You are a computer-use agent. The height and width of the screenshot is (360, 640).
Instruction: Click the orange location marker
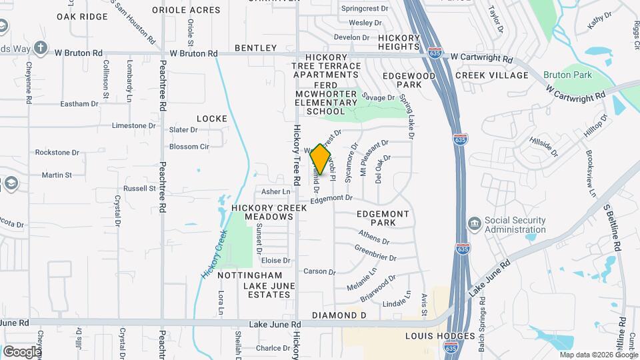[321, 159]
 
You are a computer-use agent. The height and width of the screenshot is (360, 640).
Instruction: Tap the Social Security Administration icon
[474, 222]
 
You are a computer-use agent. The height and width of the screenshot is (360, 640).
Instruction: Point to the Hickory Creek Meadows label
[269, 213]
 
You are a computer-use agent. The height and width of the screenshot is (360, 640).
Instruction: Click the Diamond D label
[339, 315]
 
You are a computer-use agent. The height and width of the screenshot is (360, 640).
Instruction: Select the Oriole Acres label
[186, 10]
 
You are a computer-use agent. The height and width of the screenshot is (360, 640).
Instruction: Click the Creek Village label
[492, 75]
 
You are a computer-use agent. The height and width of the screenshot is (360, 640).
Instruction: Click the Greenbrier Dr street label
[375, 253]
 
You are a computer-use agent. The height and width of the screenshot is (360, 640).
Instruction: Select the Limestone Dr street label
[133, 125]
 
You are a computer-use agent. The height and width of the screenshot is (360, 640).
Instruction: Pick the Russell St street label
[139, 189]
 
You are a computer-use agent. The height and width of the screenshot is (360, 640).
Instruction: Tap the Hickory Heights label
[399, 43]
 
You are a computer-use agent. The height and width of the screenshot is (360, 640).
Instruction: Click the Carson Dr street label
[319, 271]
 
